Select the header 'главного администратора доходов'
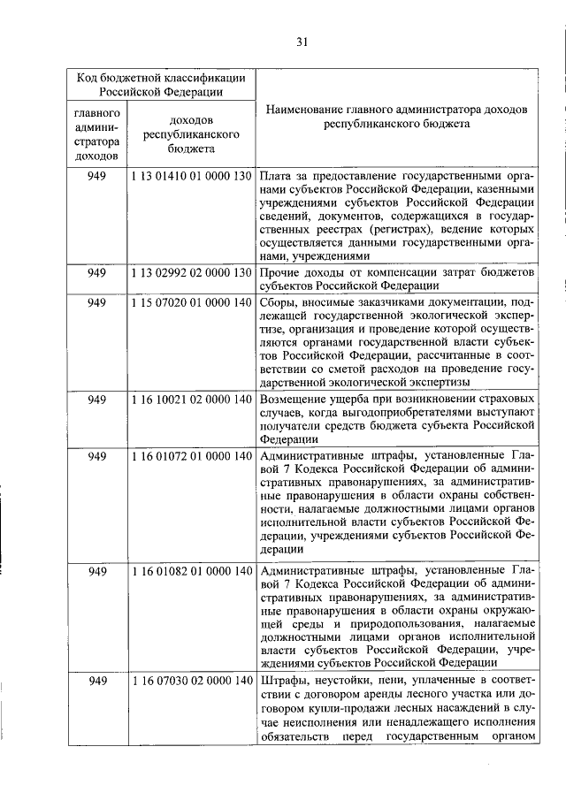(x=97, y=134)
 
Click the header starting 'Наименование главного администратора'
(x=396, y=118)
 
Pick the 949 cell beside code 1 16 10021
(x=97, y=399)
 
